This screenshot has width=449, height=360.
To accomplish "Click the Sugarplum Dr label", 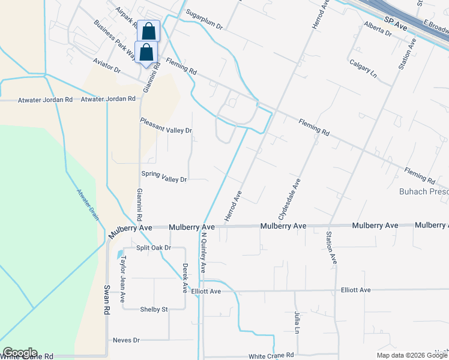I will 204,27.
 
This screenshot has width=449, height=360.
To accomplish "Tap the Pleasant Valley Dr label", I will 166,130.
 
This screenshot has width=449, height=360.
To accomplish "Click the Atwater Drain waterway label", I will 88,205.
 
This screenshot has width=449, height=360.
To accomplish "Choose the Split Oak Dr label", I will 154,248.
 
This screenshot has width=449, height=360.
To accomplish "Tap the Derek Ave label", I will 185,278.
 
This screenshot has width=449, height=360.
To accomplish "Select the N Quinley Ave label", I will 203,253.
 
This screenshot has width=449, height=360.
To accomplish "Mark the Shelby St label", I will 154,310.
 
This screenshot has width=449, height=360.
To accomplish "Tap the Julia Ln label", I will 297,322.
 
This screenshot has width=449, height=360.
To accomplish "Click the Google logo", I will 20,353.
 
